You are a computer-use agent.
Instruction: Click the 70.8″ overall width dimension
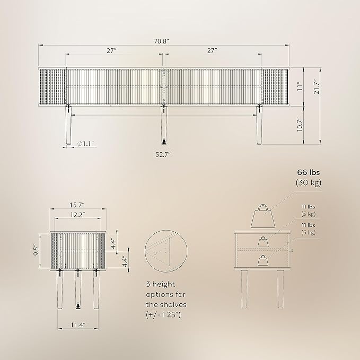(x=161, y=41)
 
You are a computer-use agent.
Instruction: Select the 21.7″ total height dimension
(x=317, y=86)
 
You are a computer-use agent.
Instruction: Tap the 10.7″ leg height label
(x=300, y=125)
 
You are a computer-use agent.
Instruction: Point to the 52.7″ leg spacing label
(x=163, y=154)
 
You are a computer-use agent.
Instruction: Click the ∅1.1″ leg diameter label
(x=86, y=144)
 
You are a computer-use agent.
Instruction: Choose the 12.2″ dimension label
(x=77, y=215)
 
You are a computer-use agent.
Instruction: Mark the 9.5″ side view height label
(x=37, y=251)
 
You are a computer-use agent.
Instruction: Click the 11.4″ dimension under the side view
(x=78, y=325)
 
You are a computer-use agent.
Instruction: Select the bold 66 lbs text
(x=309, y=172)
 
